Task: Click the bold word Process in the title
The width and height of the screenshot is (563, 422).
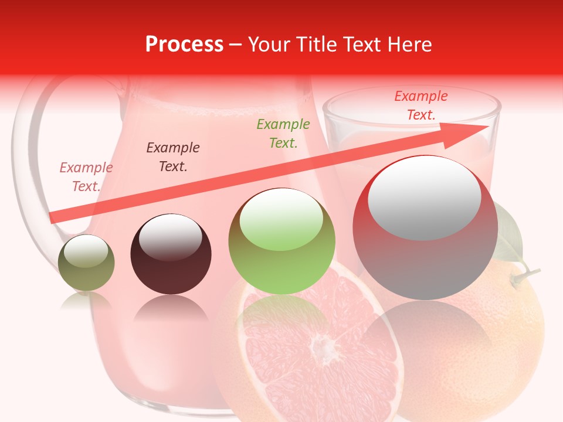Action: pyautogui.click(x=184, y=45)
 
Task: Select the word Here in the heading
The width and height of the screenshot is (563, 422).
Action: pyautogui.click(x=410, y=45)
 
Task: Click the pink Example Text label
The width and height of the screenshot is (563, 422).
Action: pyautogui.click(x=86, y=177)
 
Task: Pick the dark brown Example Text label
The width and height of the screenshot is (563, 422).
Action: pyautogui.click(x=173, y=157)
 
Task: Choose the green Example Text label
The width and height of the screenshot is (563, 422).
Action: pyautogui.click(x=283, y=134)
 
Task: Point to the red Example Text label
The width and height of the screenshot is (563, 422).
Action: pyautogui.click(x=421, y=105)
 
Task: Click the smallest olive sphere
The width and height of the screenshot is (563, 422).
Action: pyautogui.click(x=86, y=263)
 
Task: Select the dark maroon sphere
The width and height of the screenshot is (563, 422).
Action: pyautogui.click(x=171, y=254)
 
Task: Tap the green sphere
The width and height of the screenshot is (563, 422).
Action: pyautogui.click(x=281, y=241)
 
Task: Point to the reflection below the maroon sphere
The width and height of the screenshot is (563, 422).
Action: pyautogui.click(x=171, y=308)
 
